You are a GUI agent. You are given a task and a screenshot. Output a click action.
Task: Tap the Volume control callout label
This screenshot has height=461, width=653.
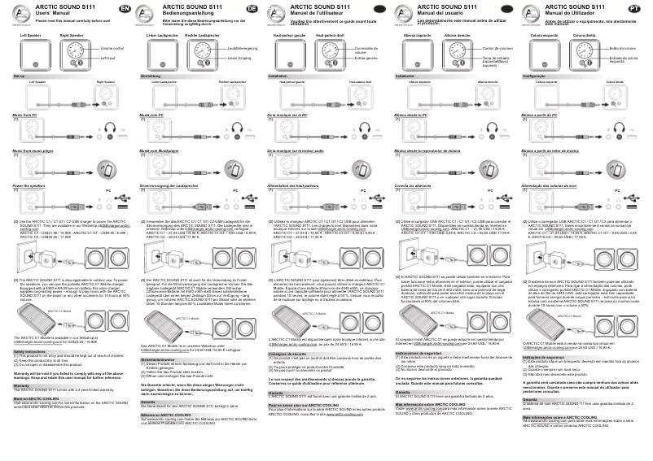(x=112, y=50)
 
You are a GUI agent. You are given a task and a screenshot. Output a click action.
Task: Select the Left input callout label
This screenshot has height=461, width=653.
(x=108, y=59)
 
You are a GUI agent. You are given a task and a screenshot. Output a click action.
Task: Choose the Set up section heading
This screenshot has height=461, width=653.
(x=20, y=75)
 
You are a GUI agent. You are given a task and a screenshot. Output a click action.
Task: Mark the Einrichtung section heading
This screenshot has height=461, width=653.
(x=151, y=75)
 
